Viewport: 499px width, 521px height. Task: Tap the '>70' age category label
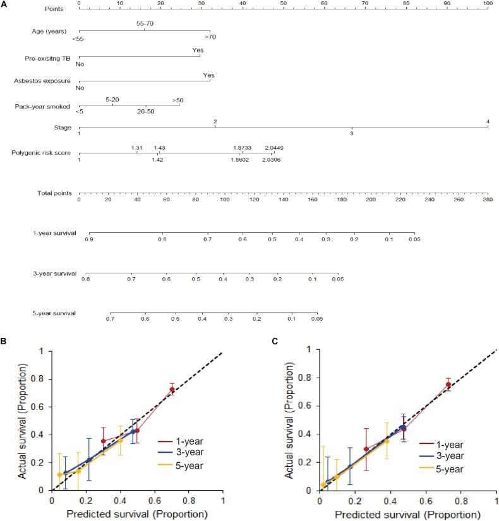210,37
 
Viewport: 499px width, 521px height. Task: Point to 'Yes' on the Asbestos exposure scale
208,75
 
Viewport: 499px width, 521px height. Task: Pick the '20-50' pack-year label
145,111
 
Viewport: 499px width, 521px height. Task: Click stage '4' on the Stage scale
488,121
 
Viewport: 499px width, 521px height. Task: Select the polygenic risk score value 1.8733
242,148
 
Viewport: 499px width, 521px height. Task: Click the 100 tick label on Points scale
488,4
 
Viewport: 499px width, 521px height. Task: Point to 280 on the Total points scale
488,200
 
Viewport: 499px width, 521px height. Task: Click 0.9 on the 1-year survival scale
90,240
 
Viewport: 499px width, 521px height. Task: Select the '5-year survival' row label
54,313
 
